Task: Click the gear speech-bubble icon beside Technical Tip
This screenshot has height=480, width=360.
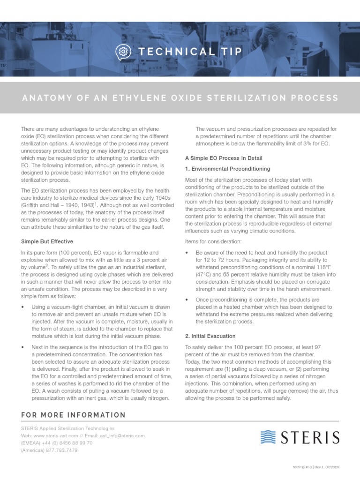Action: pos(122,52)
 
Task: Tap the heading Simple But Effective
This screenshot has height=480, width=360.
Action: pos(47,241)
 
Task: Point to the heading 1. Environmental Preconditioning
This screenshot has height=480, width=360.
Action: pos(227,169)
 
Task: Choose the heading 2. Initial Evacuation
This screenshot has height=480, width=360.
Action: pos(210,336)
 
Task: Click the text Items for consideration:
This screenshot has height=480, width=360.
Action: pos(213,241)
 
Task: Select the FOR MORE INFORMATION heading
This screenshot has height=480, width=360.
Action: pos(73,415)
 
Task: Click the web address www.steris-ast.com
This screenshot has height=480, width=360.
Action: pos(63,435)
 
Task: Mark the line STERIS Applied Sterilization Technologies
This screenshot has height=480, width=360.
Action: pos(67,428)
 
